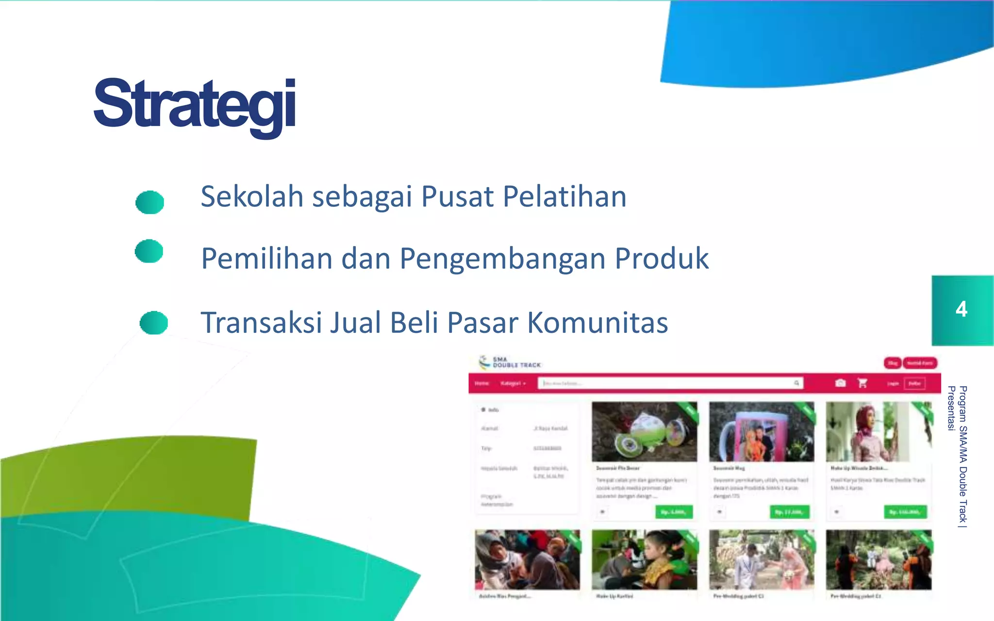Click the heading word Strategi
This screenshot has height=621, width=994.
(195, 104)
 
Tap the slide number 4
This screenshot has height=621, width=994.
(961, 309)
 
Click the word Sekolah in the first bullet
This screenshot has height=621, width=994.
(252, 196)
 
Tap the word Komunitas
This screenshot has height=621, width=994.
(597, 323)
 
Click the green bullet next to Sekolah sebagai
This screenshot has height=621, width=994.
(149, 202)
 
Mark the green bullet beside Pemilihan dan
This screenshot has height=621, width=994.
(149, 251)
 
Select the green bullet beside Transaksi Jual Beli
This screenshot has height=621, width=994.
(153, 323)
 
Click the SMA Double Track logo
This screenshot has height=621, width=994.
(510, 362)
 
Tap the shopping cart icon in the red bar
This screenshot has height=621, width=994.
(862, 383)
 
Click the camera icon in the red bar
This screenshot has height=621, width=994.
(840, 383)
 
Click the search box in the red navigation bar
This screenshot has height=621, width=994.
(670, 383)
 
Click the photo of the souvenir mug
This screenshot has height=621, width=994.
(761, 432)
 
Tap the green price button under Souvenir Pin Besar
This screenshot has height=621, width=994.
(674, 512)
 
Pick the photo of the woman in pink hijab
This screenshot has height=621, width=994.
(878, 432)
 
